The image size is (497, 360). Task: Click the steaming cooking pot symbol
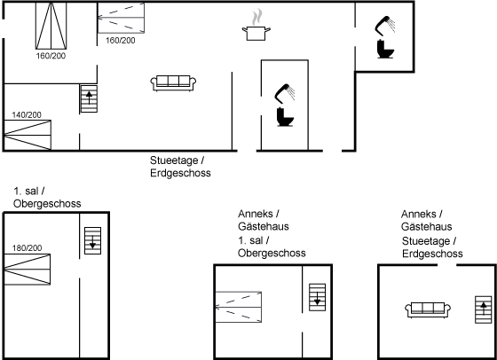click(x=256, y=26)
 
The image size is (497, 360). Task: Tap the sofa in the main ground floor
click(x=173, y=83)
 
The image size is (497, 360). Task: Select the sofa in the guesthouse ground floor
click(x=428, y=309)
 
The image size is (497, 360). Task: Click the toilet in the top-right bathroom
click(x=385, y=49)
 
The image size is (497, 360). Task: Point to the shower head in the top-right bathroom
click(x=385, y=25)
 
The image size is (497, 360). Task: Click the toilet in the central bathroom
click(x=285, y=117)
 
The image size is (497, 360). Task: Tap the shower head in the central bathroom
click(x=285, y=93)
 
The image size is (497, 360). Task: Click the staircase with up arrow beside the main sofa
click(x=89, y=98)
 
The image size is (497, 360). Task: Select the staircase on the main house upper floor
click(x=93, y=240)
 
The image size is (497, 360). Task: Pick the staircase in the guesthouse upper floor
click(x=318, y=297)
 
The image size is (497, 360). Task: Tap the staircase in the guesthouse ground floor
click(x=484, y=309)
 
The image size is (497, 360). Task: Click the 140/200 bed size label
click(x=27, y=115)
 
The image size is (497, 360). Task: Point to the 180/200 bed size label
click(x=27, y=248)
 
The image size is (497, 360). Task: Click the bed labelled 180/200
click(x=28, y=270)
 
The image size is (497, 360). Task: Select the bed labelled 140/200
click(x=28, y=135)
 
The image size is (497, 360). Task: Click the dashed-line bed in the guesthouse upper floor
click(x=239, y=307)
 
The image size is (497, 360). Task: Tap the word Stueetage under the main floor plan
click(x=174, y=160)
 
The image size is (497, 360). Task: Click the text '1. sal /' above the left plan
click(x=28, y=192)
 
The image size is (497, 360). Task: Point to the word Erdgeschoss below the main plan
click(x=180, y=173)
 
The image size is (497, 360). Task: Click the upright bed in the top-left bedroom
click(x=51, y=26)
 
